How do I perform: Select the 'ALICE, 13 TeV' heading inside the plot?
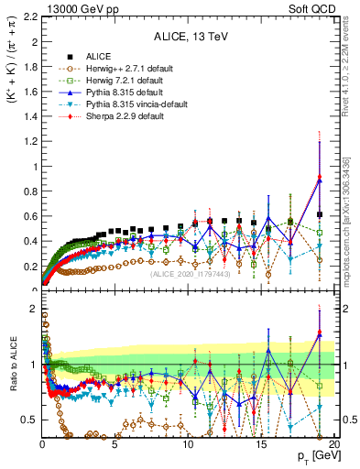188,38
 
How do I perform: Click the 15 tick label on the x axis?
261,442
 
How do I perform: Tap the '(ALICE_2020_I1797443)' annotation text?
191,274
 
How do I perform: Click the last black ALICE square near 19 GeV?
320,214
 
